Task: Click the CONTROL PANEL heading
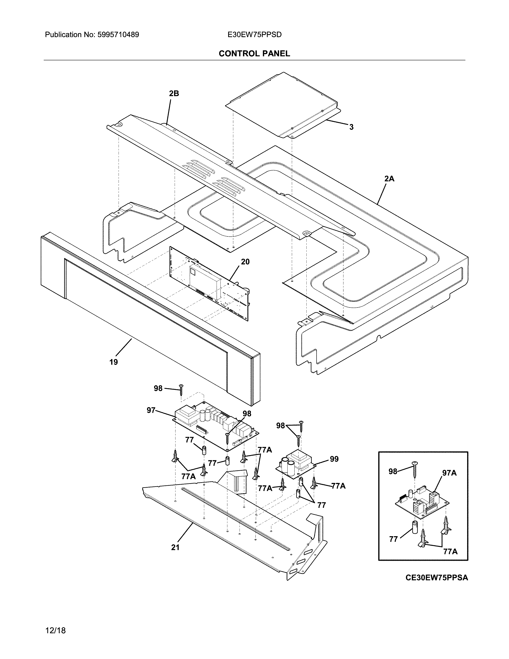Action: coord(254,54)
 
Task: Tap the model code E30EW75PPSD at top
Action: coord(254,35)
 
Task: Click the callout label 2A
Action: coord(389,179)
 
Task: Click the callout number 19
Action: coord(114,362)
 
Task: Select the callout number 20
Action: coord(245,262)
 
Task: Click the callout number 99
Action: coord(334,459)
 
